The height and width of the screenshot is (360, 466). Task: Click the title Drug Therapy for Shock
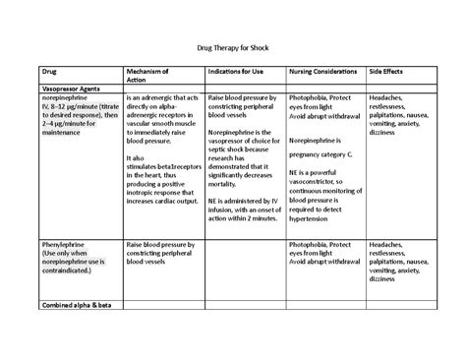232,47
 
